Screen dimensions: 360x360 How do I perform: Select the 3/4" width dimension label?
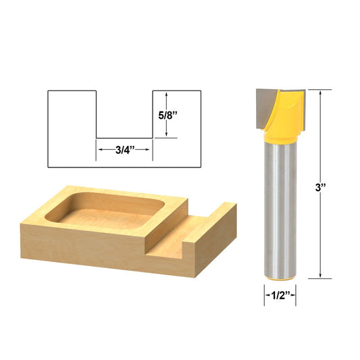click(x=124, y=150)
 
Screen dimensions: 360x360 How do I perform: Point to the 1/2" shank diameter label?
click(x=279, y=294)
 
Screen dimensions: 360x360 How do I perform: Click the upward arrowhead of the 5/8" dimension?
click(x=166, y=94)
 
